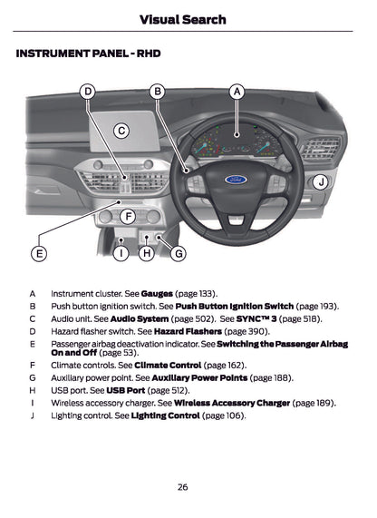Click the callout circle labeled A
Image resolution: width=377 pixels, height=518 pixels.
click(x=237, y=92)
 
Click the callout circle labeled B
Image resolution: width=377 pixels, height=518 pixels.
click(x=157, y=92)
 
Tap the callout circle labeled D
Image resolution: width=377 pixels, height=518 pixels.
click(x=88, y=92)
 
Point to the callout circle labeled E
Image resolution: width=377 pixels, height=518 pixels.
click(x=38, y=253)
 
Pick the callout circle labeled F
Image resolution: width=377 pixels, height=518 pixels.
click(x=128, y=217)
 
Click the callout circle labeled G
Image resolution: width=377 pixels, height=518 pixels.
click(x=179, y=253)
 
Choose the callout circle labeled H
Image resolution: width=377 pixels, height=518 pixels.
click(x=146, y=253)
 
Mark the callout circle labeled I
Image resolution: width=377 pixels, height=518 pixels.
click(x=120, y=253)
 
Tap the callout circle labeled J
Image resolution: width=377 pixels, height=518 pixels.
click(x=321, y=182)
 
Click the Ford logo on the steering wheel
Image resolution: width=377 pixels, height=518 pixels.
click(x=237, y=179)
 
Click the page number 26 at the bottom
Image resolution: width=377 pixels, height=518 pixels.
click(x=182, y=487)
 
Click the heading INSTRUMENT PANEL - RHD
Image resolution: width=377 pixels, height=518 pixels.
click(x=88, y=54)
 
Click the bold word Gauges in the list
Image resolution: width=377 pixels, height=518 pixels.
click(x=157, y=294)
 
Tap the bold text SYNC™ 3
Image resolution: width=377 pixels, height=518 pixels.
click(x=256, y=319)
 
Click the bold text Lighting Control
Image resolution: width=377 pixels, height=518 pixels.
click(x=165, y=415)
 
